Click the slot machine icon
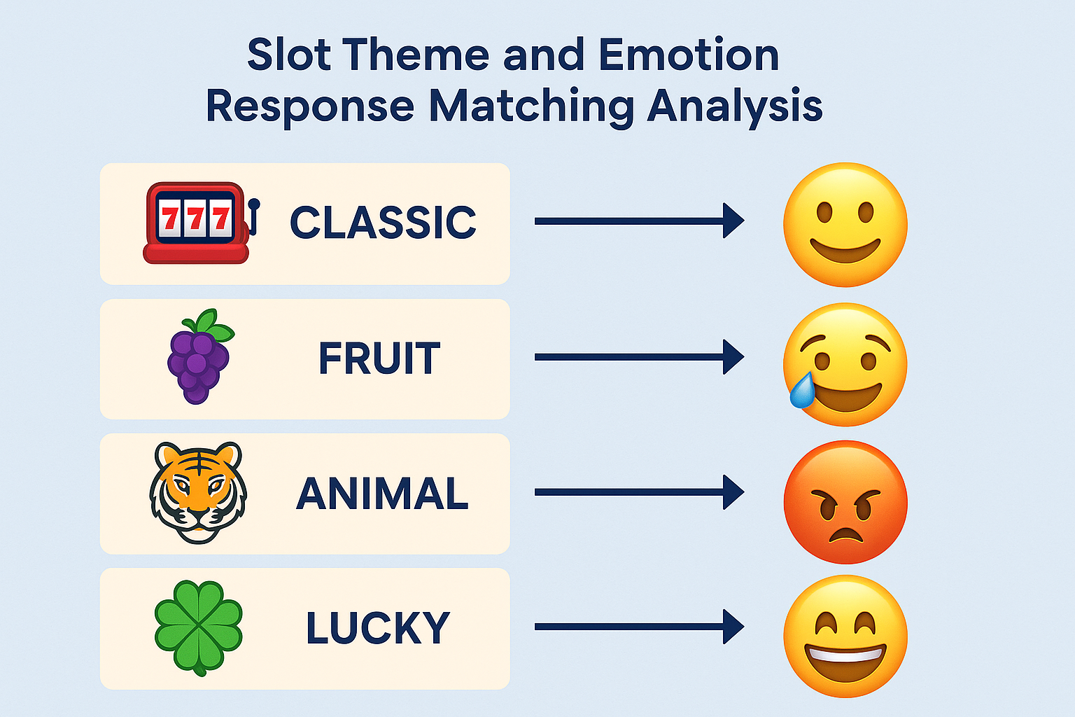201,223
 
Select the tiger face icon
198,493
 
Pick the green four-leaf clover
199,628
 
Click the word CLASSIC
383,222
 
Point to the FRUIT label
379,358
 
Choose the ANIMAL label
382,493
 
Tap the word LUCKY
378,627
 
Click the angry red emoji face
845,502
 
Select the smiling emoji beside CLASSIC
845,225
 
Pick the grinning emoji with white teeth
845,636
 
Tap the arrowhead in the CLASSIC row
733,221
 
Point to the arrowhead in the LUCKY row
733,627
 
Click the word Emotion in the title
689,55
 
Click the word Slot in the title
289,55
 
